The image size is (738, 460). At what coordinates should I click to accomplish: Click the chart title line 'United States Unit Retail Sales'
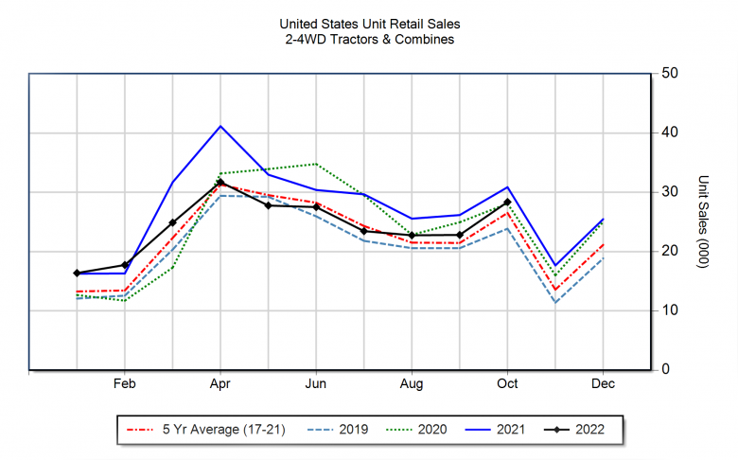(x=370, y=23)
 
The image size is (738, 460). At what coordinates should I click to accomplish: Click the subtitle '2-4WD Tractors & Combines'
(x=370, y=39)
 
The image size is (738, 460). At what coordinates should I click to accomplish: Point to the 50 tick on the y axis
(x=669, y=73)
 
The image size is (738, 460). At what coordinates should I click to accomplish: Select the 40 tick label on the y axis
(x=669, y=133)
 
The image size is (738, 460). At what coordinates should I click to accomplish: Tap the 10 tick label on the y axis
(x=669, y=310)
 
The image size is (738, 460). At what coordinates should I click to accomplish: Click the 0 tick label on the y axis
(x=665, y=369)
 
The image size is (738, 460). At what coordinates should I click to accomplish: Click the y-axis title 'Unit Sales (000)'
(x=703, y=221)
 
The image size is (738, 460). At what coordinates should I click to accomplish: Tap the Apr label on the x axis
(x=220, y=384)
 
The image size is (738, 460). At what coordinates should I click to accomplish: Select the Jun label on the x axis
(x=316, y=384)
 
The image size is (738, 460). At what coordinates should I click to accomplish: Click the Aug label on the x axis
(x=412, y=384)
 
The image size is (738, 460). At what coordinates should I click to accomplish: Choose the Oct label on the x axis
(x=507, y=384)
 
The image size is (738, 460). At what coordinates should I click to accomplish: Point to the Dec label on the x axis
(x=603, y=384)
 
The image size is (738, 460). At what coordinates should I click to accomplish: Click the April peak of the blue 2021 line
(x=220, y=126)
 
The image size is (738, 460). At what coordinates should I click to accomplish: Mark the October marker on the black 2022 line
(x=507, y=202)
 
